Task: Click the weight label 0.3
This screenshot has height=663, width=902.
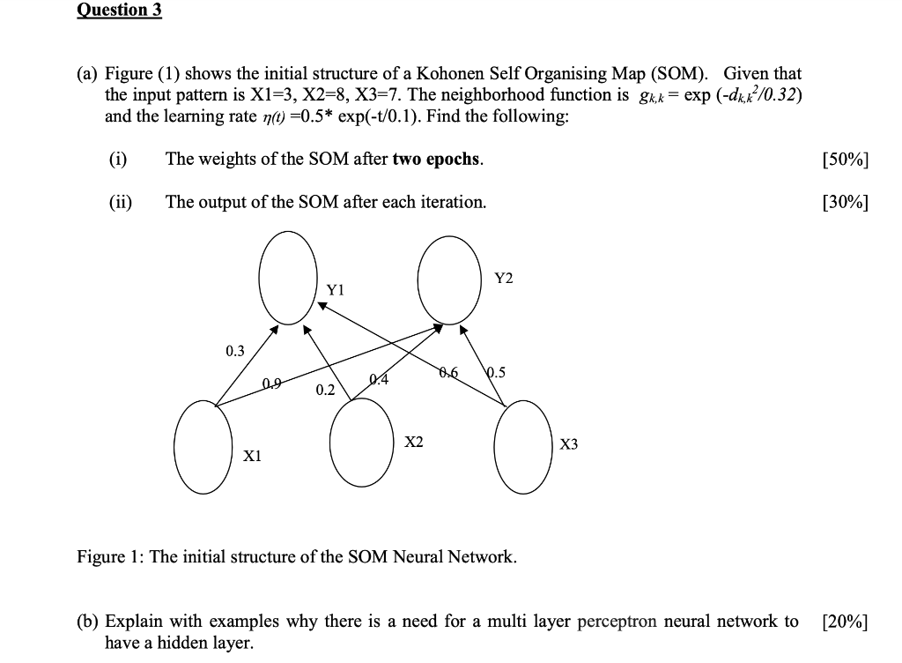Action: coord(234,351)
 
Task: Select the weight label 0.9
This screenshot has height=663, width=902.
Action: coord(273,383)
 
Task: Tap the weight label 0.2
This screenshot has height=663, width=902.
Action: coord(324,390)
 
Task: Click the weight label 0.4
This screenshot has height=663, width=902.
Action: coord(378,380)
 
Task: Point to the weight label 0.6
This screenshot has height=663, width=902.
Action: coord(448,372)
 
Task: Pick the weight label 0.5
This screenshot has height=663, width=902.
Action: coord(496,372)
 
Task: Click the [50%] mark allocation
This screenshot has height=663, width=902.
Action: coord(843,160)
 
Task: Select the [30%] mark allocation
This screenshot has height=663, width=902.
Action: coord(843,202)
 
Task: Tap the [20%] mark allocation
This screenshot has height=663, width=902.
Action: coord(843,622)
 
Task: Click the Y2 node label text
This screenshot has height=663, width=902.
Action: coord(503,279)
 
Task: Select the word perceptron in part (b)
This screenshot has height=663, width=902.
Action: coord(617,622)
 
